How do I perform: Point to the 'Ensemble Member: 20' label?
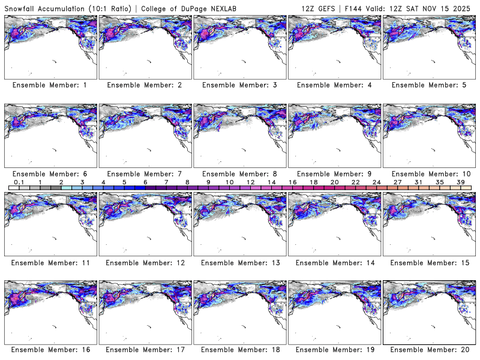pos(429,350)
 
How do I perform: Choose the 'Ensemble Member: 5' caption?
pos(429,85)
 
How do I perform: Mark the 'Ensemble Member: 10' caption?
pos(429,173)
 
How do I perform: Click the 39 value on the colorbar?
pos(460,182)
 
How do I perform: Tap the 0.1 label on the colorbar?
pos(19,182)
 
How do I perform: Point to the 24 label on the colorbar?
pos(376,182)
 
